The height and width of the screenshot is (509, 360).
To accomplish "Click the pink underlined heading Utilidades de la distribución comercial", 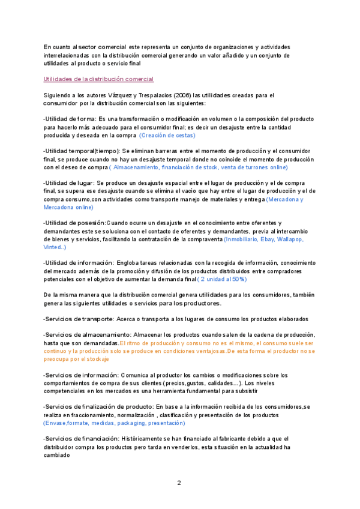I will coord(98,79).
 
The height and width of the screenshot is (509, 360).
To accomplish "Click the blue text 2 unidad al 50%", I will coord(223,279).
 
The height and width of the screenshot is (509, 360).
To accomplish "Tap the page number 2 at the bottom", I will coord(179,482).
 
